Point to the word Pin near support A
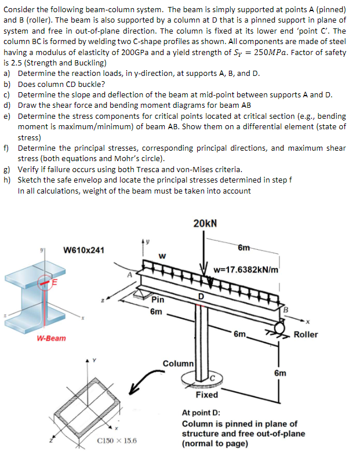pyautogui.click(x=158, y=300)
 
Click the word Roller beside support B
pyautogui.click(x=306, y=334)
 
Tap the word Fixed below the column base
pyautogui.click(x=207, y=395)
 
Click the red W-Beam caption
pyautogui.click(x=51, y=337)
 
